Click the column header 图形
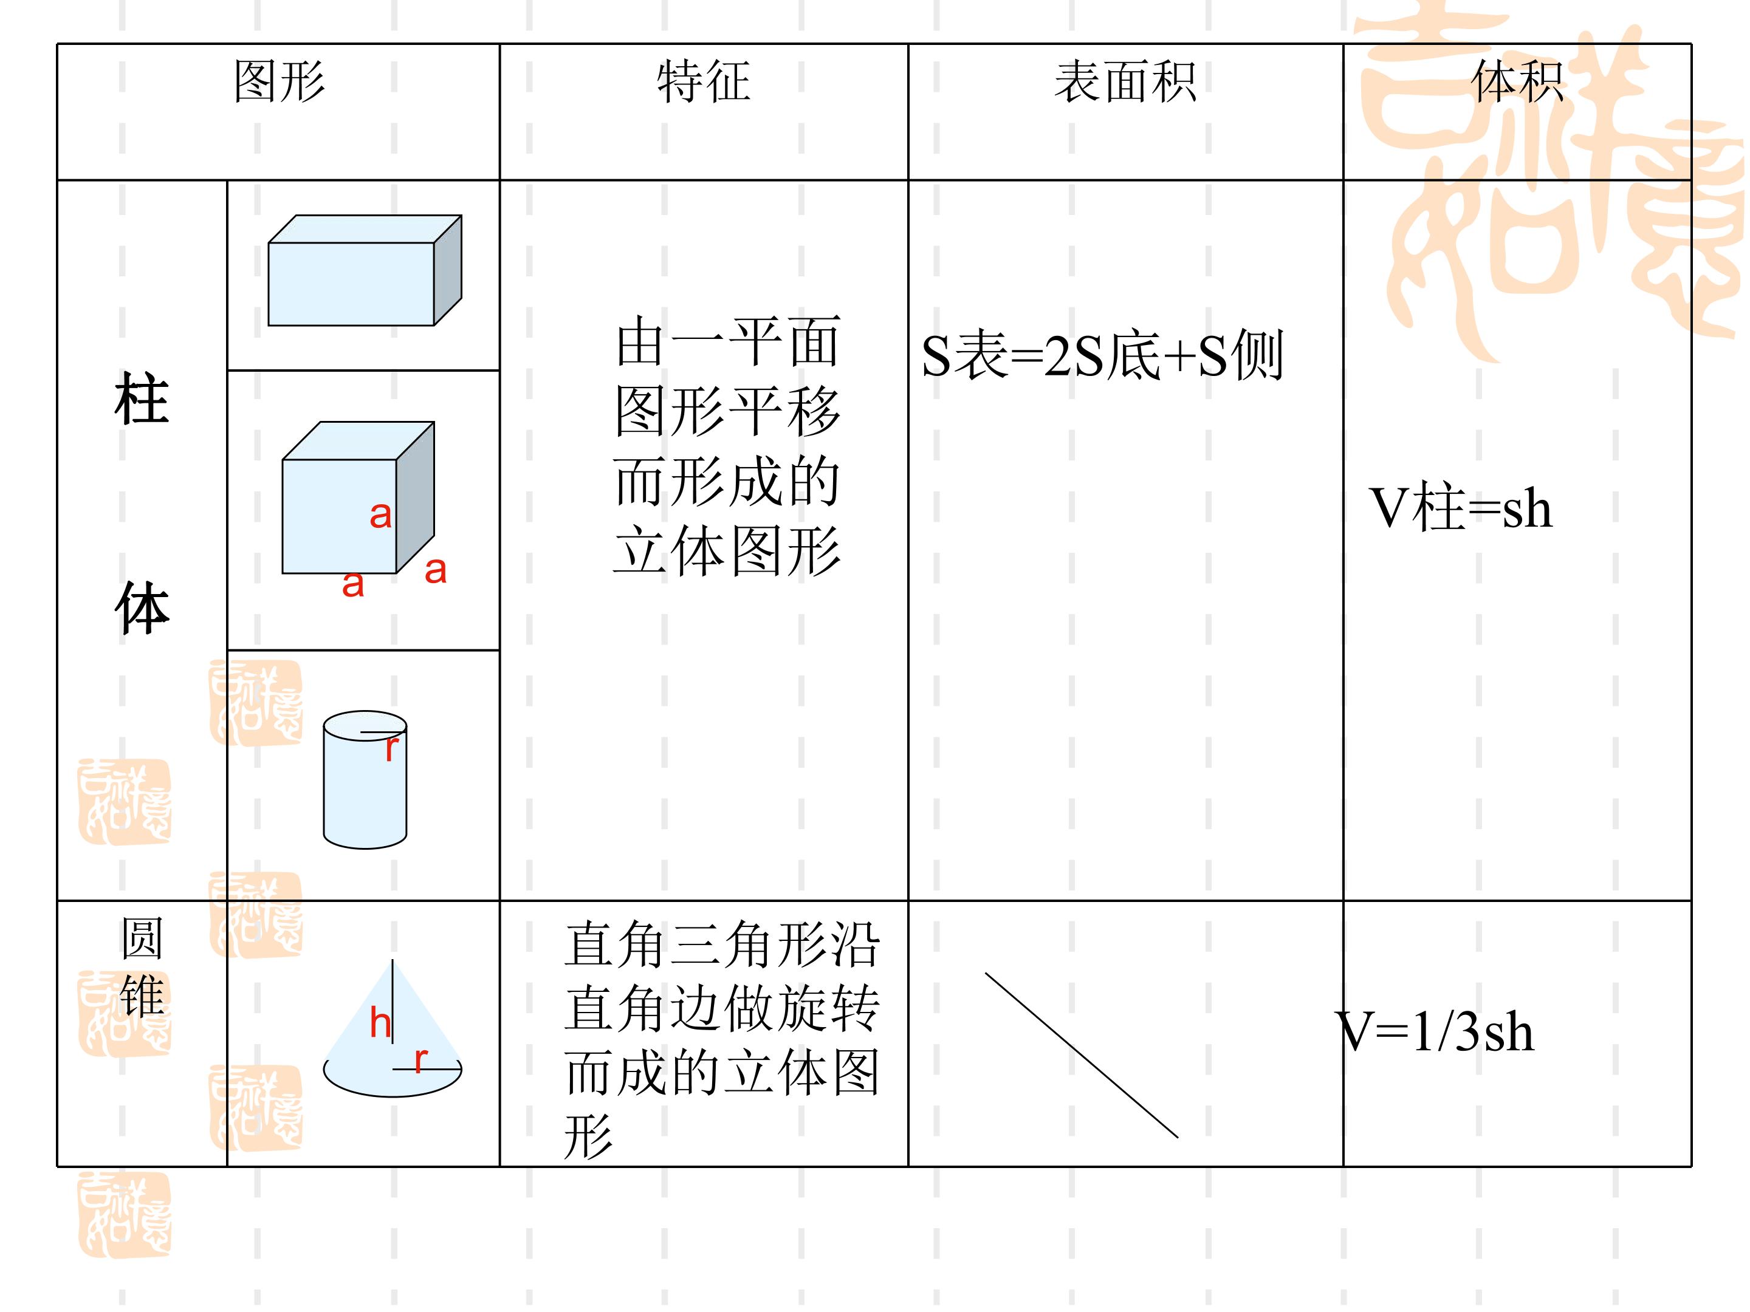(280, 81)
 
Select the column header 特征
(703, 81)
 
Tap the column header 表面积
(1125, 81)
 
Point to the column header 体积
(1517, 81)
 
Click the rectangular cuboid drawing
(365, 270)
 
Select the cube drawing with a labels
(359, 497)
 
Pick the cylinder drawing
(365, 780)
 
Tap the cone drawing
(393, 1028)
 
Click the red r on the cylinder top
(391, 748)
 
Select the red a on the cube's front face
(380, 516)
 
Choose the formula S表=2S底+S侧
(1102, 355)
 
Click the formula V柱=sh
(1460, 508)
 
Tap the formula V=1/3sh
(1435, 1031)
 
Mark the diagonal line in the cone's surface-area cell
(1082, 1055)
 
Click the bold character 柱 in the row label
(142, 400)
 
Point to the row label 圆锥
(142, 966)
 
